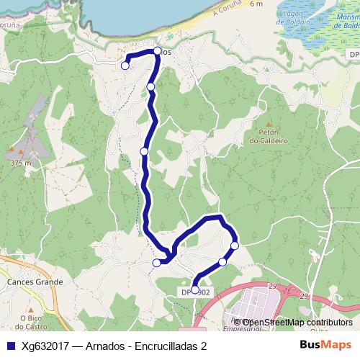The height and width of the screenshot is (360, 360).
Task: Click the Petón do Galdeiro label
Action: (269, 137)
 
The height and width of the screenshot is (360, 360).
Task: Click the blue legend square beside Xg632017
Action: (9, 345)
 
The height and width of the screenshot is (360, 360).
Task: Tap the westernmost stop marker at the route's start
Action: (125, 66)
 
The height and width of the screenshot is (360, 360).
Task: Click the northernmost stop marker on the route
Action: (158, 51)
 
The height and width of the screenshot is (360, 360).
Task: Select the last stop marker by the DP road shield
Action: (195, 289)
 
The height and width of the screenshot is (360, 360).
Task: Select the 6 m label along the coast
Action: (257, 4)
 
